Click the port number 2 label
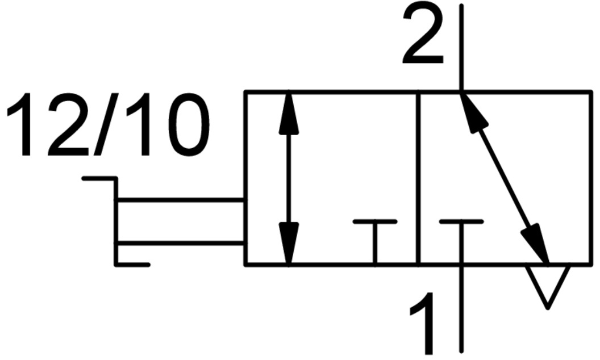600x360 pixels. tap(423, 35)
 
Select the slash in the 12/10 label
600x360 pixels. tap(109, 126)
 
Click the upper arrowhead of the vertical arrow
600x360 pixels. tap(289, 113)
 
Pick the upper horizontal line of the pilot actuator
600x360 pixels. tap(181, 200)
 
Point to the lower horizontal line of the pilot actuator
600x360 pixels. tap(181, 243)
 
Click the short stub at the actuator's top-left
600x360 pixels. tap(99, 178)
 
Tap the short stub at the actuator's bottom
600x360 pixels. tap(132, 265)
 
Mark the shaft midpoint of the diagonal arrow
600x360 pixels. tap(505, 178)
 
